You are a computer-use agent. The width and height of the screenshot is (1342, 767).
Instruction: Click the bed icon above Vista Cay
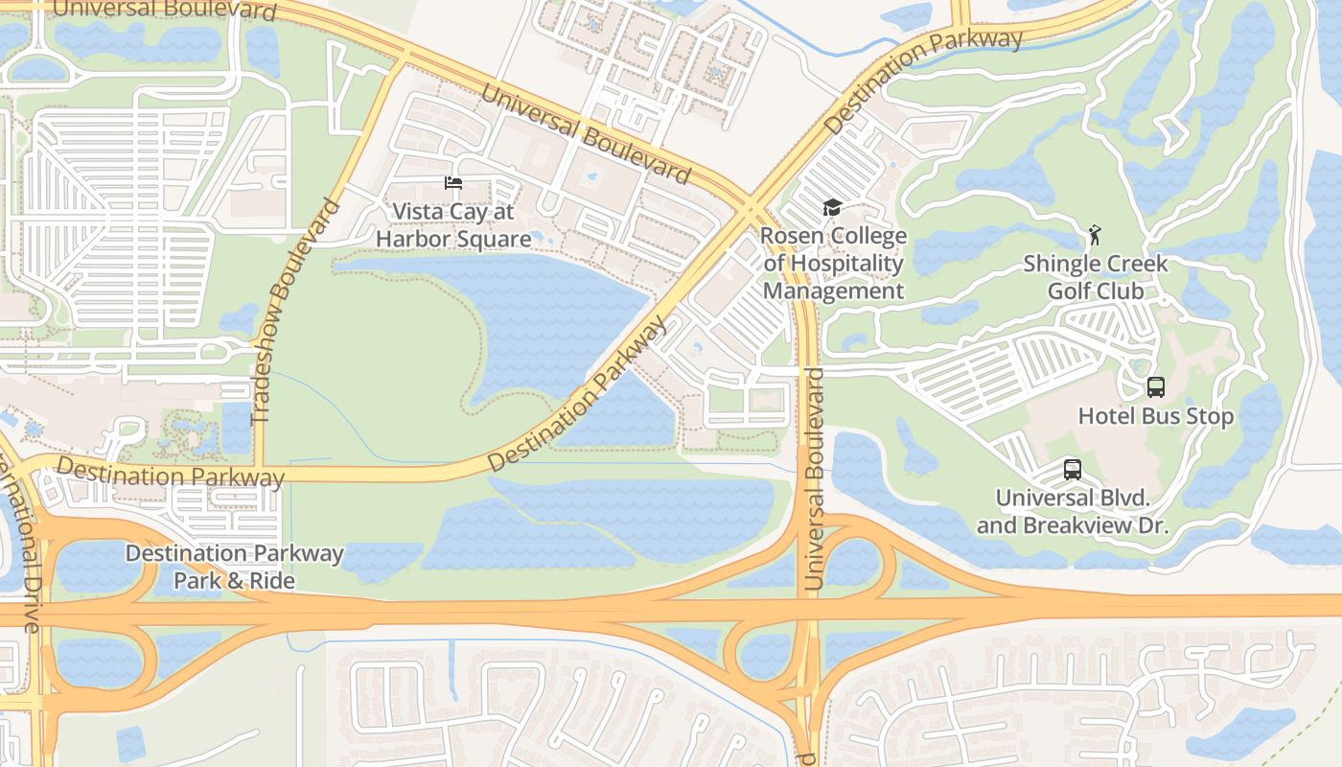point(453,183)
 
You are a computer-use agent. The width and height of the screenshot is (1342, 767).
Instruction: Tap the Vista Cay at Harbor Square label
point(453,225)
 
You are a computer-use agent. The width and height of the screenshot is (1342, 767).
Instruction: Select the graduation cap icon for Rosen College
point(832,208)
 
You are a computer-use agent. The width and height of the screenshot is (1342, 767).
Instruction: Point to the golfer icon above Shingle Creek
point(1095,235)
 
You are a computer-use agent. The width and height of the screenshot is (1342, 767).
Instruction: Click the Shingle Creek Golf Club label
point(1096,277)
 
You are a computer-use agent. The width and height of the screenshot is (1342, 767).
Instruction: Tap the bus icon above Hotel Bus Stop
point(1156,387)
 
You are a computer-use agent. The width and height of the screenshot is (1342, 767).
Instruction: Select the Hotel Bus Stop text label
point(1156,416)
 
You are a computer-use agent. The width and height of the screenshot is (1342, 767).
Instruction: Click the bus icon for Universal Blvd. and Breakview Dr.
point(1073,470)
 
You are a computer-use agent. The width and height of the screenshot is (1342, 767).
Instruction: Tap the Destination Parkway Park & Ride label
point(234,567)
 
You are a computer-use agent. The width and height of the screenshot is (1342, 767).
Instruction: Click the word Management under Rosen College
point(833,291)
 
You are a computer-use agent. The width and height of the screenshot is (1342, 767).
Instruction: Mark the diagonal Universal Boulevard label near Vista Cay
point(585,133)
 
